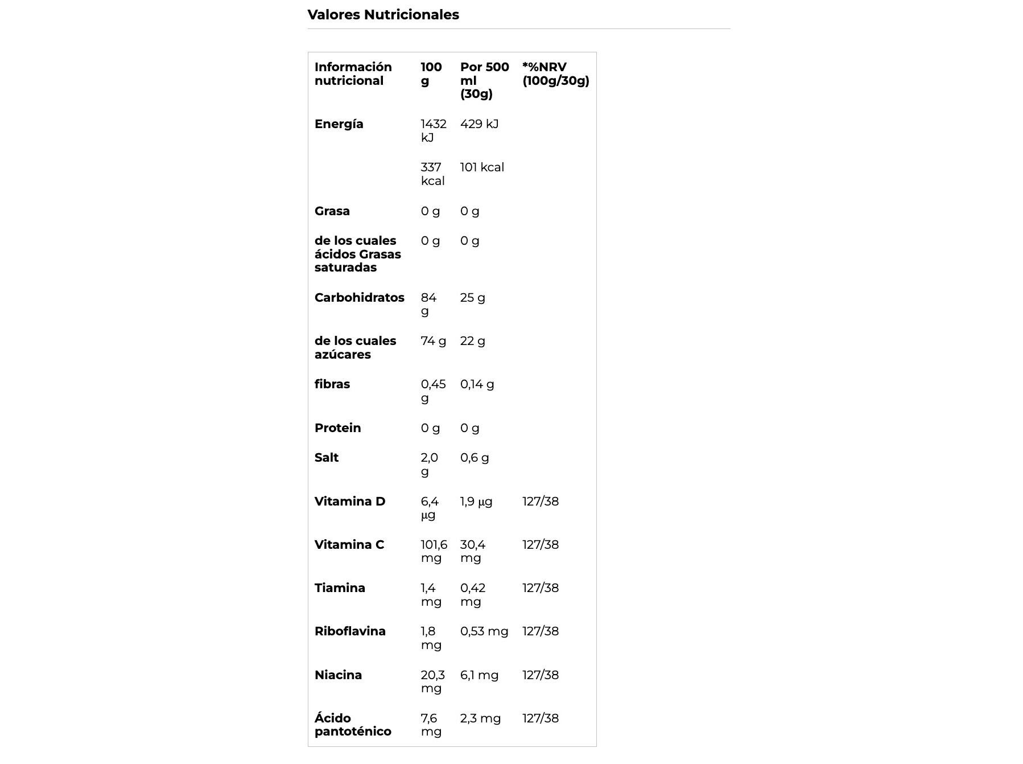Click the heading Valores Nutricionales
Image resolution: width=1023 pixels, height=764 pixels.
coord(383,15)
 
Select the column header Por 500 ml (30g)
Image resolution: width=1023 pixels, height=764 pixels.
coord(484,80)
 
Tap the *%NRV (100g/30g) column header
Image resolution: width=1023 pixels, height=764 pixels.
coord(555,74)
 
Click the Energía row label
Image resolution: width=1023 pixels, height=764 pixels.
coord(339,124)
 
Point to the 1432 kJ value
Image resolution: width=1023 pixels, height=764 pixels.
coord(433,130)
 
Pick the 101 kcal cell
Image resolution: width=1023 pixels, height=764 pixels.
coord(482,167)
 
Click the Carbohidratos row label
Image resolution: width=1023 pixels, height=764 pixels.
coord(359,298)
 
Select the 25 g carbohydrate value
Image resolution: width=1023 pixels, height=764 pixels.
coord(472,298)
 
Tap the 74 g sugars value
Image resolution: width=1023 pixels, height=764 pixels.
coord(433,341)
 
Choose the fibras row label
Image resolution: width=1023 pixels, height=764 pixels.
coord(332,384)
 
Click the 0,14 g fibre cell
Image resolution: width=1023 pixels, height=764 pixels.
coord(477,384)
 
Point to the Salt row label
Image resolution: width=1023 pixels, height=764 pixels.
coord(326,458)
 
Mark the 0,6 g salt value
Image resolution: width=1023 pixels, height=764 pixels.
coord(474,458)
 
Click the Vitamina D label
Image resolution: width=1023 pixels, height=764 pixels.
coord(349,502)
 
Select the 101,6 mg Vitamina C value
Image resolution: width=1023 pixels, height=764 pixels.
coord(434,551)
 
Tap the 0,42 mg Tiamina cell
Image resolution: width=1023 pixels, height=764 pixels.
coord(472,594)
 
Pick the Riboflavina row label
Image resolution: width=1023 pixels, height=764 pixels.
coord(349,631)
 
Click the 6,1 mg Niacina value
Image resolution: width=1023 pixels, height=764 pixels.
coord(479,675)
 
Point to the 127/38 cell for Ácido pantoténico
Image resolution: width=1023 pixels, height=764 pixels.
coord(541,718)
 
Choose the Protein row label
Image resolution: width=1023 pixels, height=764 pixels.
coord(337,428)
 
